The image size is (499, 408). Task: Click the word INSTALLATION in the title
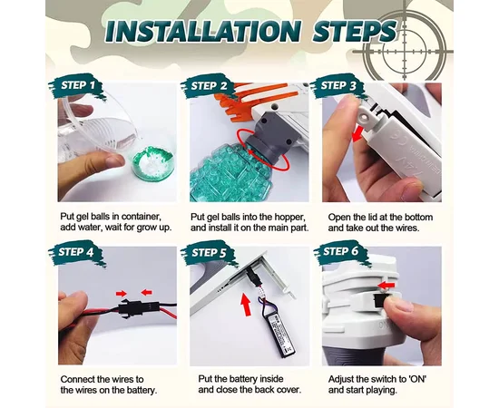click(202, 31)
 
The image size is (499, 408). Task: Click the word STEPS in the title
click(355, 31)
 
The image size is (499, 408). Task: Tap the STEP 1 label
click(78, 85)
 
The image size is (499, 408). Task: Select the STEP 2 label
click(209, 86)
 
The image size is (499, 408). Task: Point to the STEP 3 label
click(338, 85)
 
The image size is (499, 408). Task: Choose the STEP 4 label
click(75, 252)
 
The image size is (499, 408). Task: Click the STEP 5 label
click(209, 252)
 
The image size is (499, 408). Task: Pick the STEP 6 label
click(340, 251)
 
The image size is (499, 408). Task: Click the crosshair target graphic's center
click(404, 51)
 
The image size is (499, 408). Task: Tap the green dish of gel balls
click(153, 162)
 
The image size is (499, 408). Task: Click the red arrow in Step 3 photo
click(358, 133)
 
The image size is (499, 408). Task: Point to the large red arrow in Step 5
click(245, 305)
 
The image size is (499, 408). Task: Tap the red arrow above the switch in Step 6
click(386, 285)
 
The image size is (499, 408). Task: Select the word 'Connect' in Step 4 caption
click(77, 379)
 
